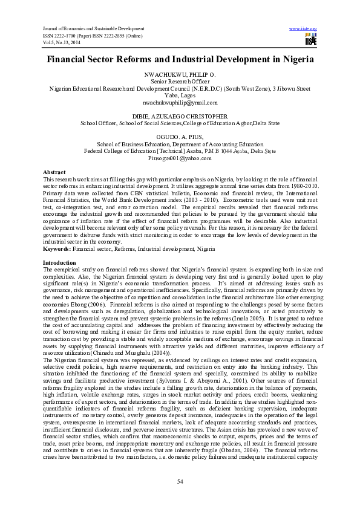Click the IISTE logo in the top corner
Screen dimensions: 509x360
pyautogui.click(x=311, y=40)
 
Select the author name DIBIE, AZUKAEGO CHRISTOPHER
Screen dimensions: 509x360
pyautogui.click(x=180, y=115)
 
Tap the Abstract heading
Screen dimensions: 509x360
pyautogui.click(x=54, y=172)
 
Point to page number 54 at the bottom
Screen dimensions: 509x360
pyautogui.click(x=180, y=481)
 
